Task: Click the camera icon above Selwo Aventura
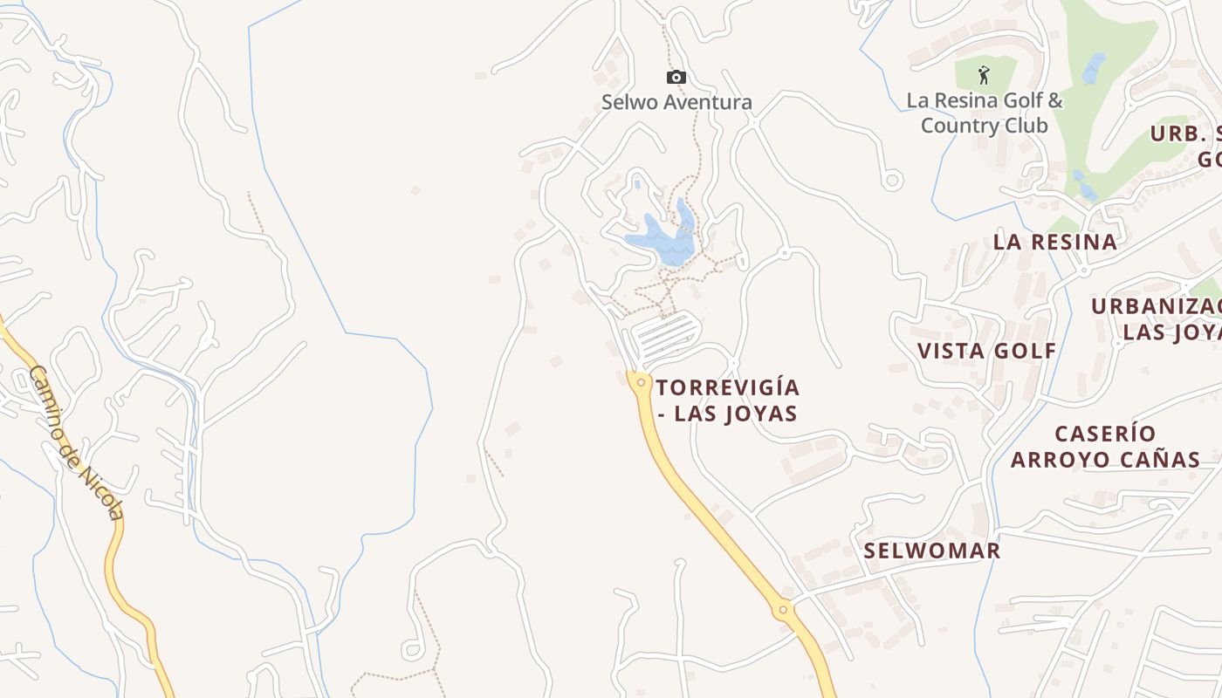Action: point(676,78)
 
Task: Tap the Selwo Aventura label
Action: point(676,102)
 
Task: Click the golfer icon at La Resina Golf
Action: point(985,75)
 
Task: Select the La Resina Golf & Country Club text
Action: point(985,113)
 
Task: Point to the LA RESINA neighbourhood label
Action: point(1055,242)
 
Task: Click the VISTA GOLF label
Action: point(986,351)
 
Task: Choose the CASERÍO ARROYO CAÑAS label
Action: point(1105,446)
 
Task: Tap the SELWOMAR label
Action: point(931,551)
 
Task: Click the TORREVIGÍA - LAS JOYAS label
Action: point(727,400)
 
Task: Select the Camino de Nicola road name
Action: point(76,441)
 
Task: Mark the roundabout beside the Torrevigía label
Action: point(642,382)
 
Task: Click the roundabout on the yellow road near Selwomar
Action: point(783,609)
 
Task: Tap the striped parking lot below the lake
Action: point(666,336)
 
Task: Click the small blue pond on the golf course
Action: point(1094,68)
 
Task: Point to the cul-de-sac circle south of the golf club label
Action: point(892,181)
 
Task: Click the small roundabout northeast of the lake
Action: point(784,253)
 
